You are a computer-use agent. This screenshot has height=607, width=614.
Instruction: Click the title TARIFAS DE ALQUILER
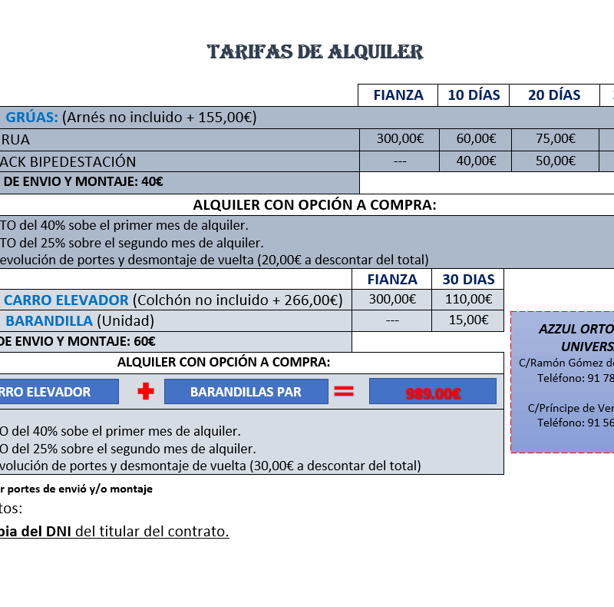(315, 52)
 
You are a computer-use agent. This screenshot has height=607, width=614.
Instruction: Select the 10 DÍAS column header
(474, 95)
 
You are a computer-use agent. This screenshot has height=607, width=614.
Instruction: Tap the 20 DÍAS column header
(554, 95)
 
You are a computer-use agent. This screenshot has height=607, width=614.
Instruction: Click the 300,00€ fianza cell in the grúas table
(399, 139)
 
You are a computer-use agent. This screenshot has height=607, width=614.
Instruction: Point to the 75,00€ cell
(554, 139)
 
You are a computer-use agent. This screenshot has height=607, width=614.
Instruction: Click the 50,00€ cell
(554, 161)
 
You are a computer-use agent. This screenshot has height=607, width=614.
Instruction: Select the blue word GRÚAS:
(32, 118)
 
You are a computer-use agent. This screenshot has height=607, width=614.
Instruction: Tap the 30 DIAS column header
(468, 280)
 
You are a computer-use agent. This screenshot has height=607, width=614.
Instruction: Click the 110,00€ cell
(468, 300)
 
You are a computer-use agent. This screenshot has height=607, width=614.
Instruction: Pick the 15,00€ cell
(468, 320)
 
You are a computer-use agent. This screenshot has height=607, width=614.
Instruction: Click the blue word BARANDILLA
(49, 321)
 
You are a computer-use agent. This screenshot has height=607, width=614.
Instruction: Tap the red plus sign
(145, 392)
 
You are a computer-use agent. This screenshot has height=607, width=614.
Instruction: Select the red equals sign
(344, 392)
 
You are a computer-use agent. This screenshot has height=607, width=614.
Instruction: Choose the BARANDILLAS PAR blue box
(246, 392)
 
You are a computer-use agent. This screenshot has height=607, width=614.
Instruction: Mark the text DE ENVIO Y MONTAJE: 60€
(77, 342)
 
